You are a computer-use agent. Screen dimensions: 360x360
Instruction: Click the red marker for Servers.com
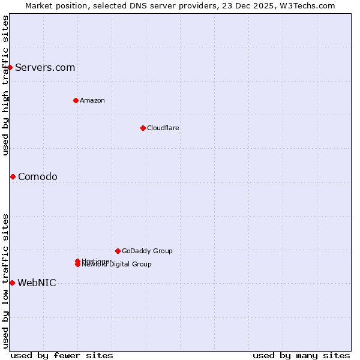pyautogui.click(x=10, y=67)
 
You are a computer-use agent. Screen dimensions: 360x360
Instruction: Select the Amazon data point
pyautogui.click(x=76, y=100)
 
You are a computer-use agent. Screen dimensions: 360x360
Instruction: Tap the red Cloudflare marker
pyautogui.click(x=143, y=128)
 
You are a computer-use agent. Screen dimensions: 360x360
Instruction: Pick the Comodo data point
pyautogui.click(x=13, y=176)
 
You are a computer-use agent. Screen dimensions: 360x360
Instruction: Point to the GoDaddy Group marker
pyautogui.click(x=118, y=251)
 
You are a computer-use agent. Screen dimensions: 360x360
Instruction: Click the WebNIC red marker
pyautogui.click(x=12, y=283)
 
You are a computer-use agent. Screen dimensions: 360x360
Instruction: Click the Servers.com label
pyautogui.click(x=45, y=67)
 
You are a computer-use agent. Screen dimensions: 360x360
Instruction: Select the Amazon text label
pyautogui.click(x=92, y=100)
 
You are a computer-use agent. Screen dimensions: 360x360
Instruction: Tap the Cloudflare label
pyautogui.click(x=163, y=128)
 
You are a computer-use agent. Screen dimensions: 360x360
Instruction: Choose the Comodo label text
pyautogui.click(x=38, y=176)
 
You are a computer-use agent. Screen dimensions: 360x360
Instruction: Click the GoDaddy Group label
pyautogui.click(x=147, y=251)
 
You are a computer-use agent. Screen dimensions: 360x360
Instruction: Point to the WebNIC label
pyautogui.click(x=37, y=283)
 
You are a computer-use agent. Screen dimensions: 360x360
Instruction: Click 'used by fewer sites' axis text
pyautogui.click(x=62, y=356)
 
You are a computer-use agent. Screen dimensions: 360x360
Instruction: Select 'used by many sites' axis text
pyautogui.click(x=301, y=356)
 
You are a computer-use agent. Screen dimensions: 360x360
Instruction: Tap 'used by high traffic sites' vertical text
pyautogui.click(x=5, y=85)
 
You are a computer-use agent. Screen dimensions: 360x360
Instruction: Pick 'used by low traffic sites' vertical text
pyautogui.click(x=5, y=280)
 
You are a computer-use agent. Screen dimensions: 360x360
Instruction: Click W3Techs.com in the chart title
pyautogui.click(x=309, y=5)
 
